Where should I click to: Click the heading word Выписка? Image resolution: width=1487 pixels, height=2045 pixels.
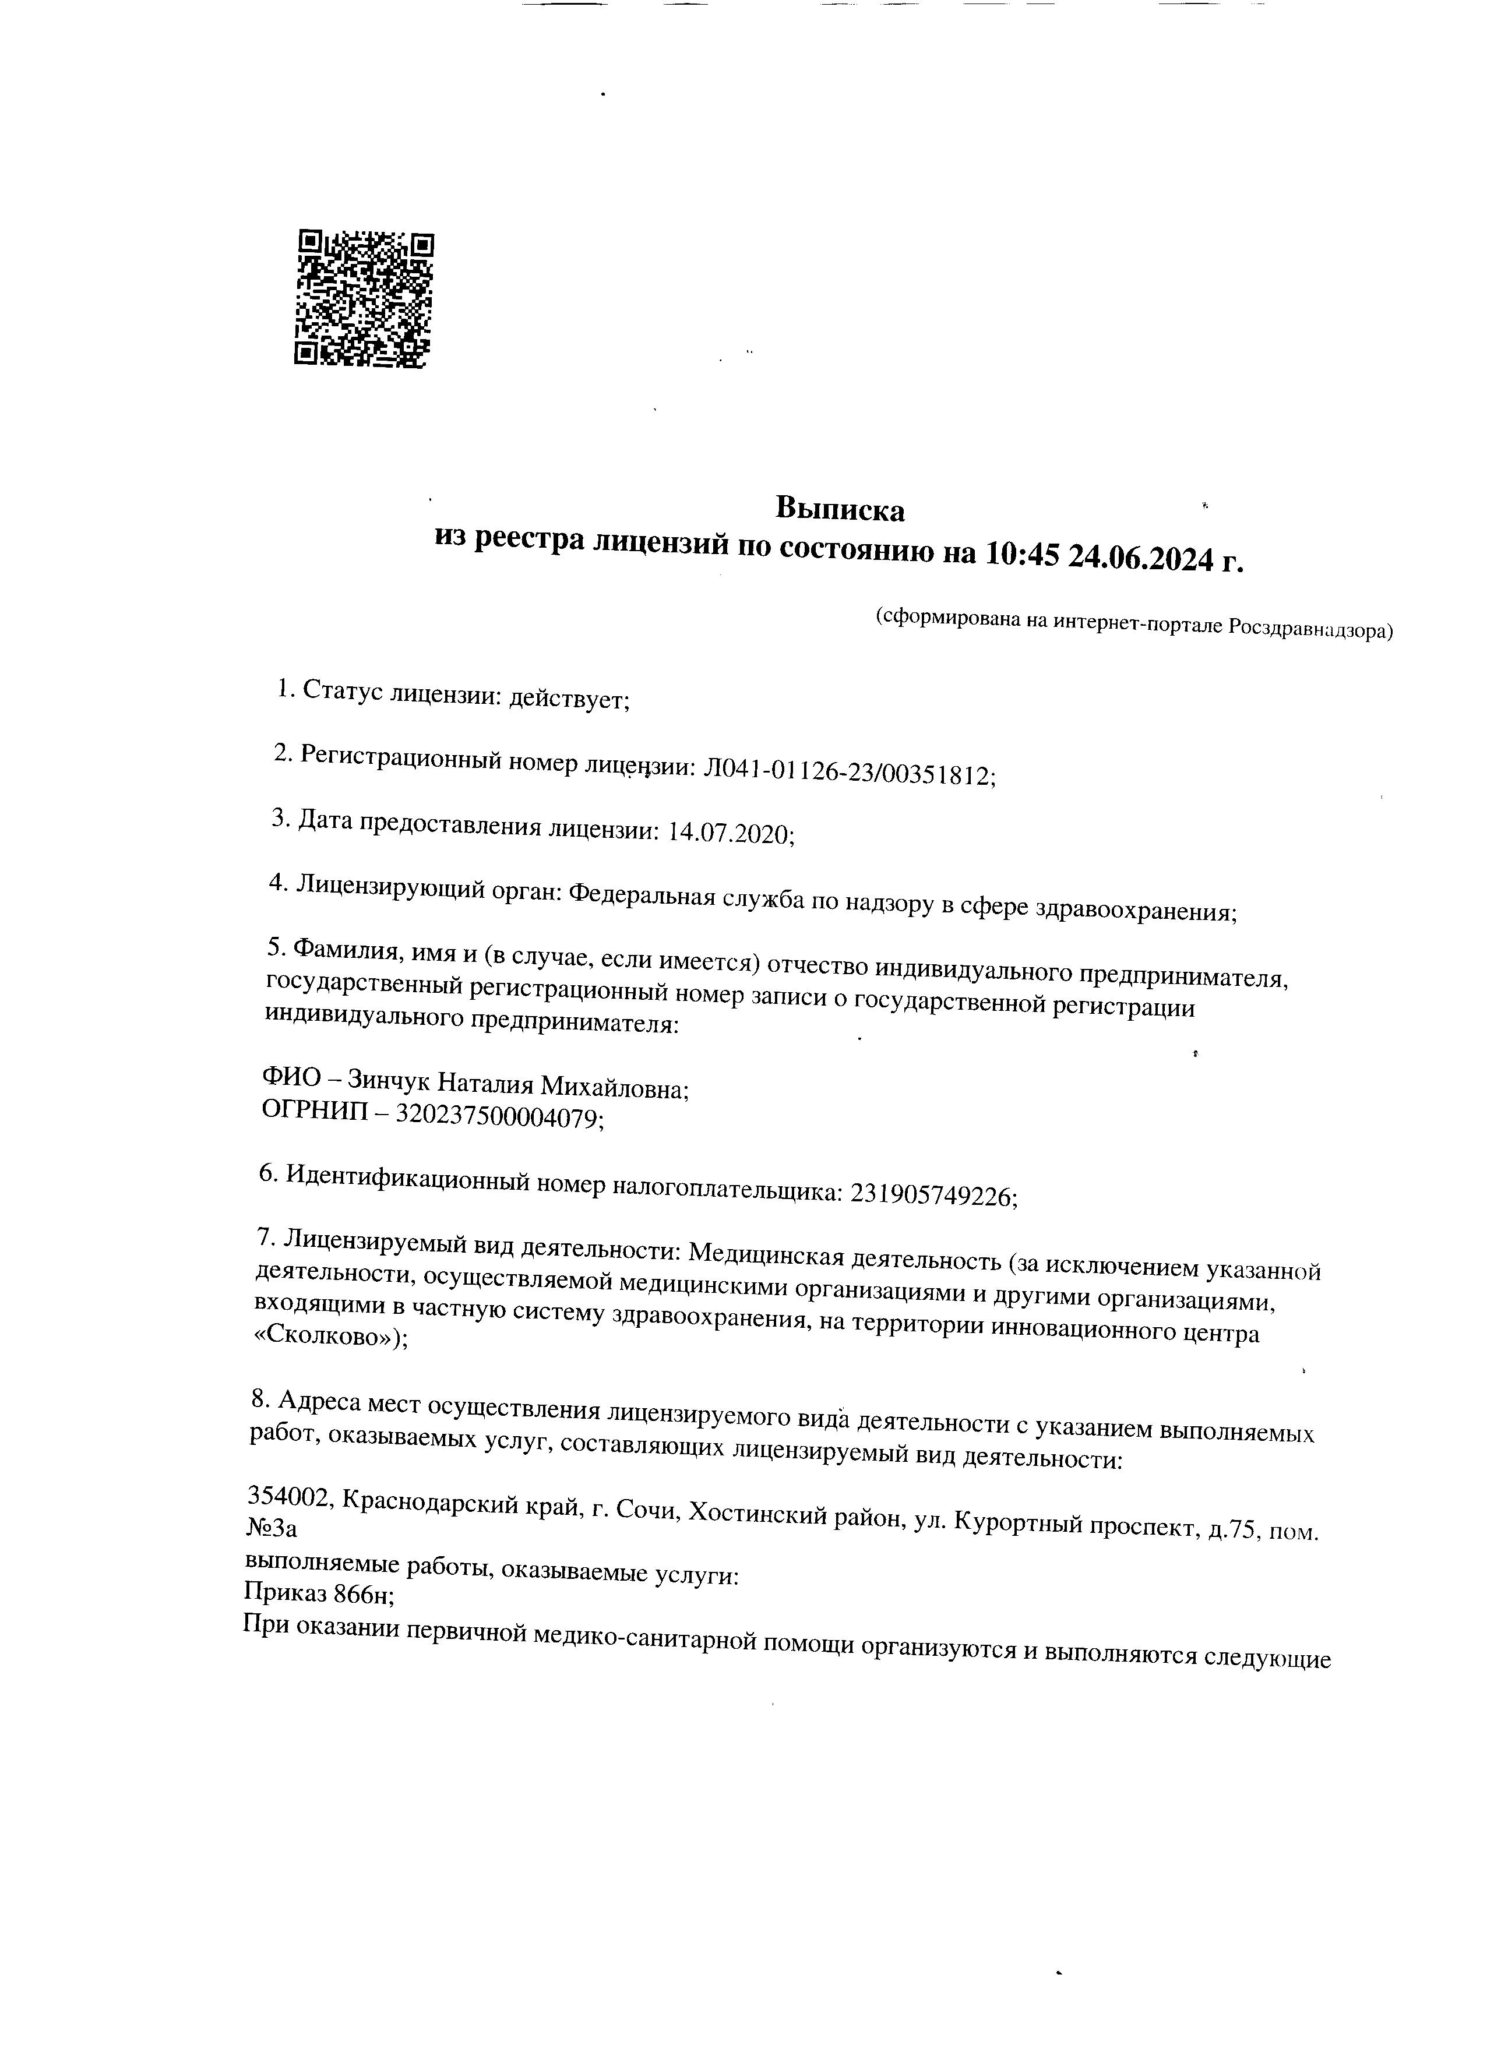coord(840,510)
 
